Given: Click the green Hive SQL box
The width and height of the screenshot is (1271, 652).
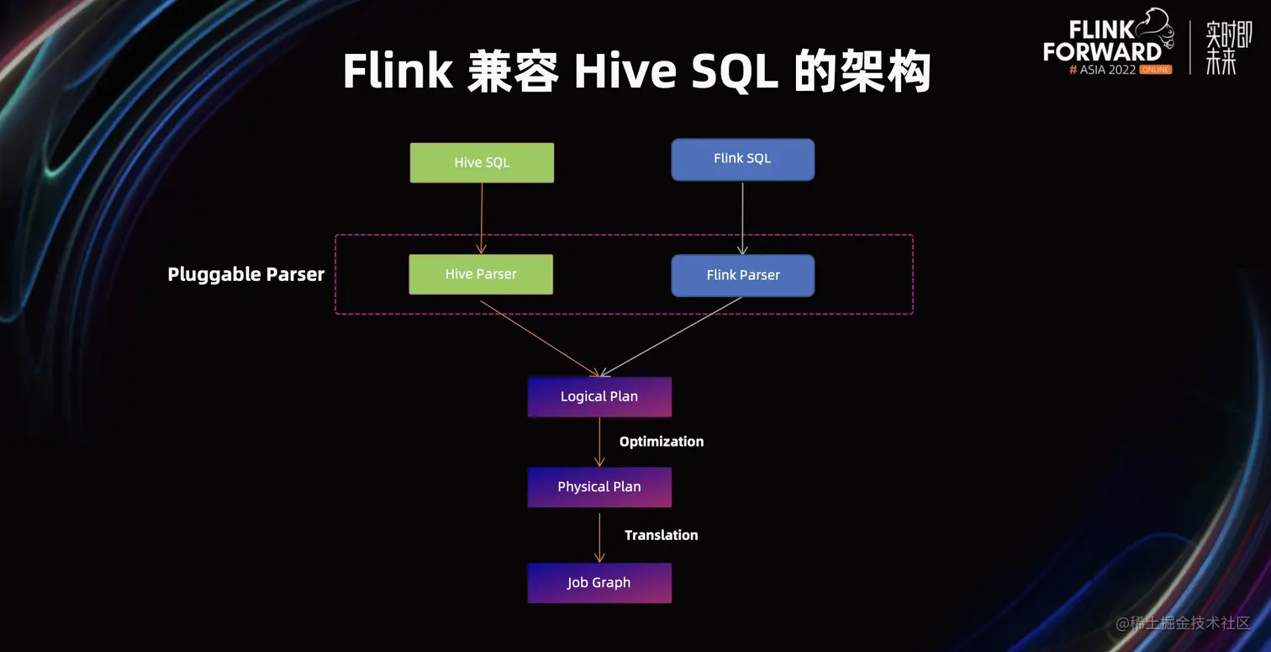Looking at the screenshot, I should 482,162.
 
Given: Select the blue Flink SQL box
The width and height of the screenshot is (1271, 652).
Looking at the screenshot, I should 742,159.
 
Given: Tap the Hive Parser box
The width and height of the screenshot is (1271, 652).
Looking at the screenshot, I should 481,274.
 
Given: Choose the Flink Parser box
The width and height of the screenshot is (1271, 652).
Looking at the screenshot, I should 742,275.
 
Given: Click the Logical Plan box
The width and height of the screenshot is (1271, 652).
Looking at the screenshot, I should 599,397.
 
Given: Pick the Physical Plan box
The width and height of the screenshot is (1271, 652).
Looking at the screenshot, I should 599,487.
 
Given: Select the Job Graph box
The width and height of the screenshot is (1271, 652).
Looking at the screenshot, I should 599,583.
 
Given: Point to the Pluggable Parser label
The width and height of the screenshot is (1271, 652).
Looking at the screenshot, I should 245,274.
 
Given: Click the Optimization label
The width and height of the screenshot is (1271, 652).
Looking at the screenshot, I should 661,442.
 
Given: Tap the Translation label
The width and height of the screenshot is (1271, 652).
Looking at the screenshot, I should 661,535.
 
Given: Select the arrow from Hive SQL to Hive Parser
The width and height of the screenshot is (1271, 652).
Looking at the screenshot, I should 482,218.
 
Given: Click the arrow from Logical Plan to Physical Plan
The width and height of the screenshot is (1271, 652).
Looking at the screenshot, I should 599,441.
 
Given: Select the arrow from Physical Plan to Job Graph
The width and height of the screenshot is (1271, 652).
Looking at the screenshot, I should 599,536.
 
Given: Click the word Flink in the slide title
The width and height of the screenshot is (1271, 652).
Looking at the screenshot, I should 398,71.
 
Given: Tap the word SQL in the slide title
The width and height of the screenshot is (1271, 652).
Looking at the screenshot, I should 735,72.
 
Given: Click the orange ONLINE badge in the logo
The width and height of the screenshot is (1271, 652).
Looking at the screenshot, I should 1156,70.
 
